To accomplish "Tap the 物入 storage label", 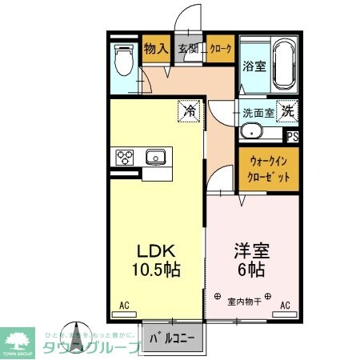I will point(156,49).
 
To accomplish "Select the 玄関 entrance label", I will point(188,49).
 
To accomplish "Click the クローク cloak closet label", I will point(220,49).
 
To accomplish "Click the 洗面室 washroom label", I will point(258,113).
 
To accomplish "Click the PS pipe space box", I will point(293,136).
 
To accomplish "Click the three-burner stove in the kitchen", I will point(126,158).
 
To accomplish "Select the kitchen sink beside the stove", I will point(155,157).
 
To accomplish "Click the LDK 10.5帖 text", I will point(156,258).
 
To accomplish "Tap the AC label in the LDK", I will point(124,305).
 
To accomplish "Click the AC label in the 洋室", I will point(285,305).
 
